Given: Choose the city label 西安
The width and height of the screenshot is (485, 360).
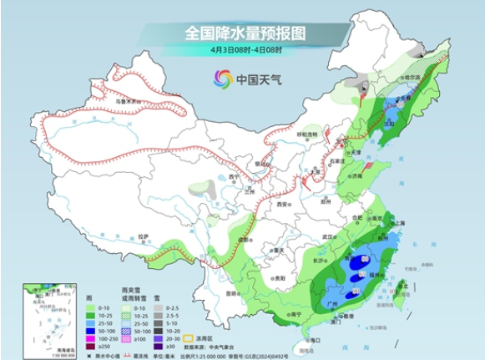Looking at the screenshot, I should point(281,204).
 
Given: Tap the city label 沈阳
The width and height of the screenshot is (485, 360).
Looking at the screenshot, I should point(386,123).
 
